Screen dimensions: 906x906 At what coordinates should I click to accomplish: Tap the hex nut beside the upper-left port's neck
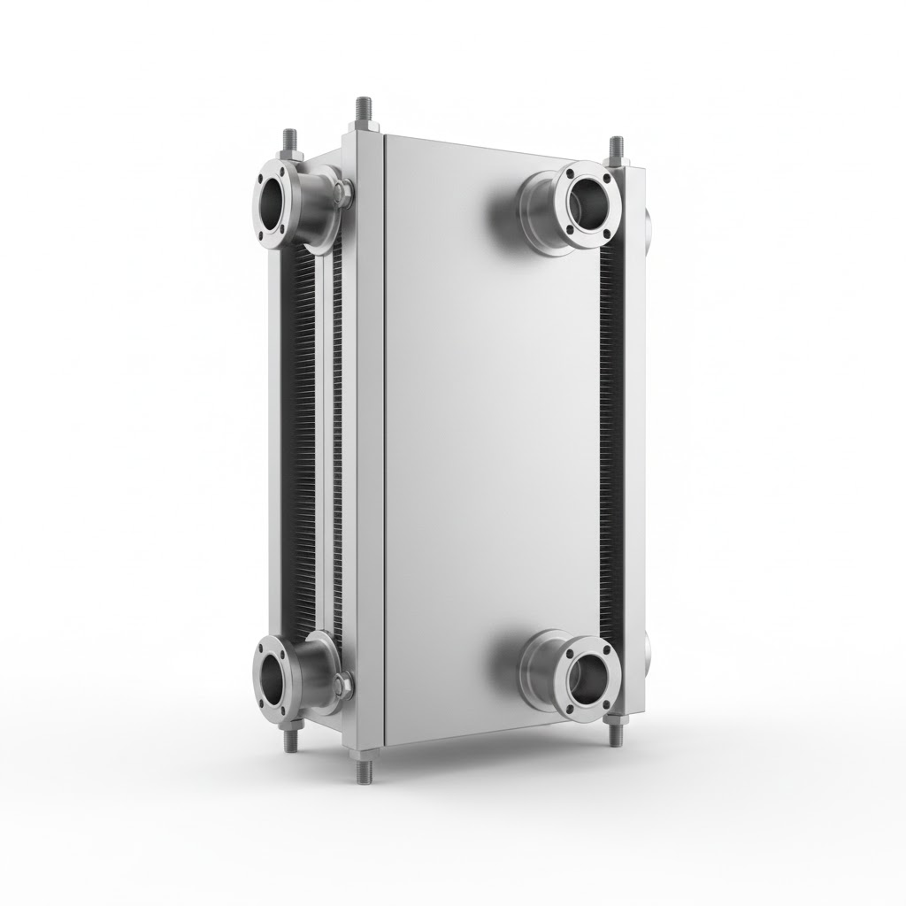pos(343,193)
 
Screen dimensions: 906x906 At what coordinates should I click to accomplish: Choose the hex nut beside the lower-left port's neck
pos(343,681)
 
